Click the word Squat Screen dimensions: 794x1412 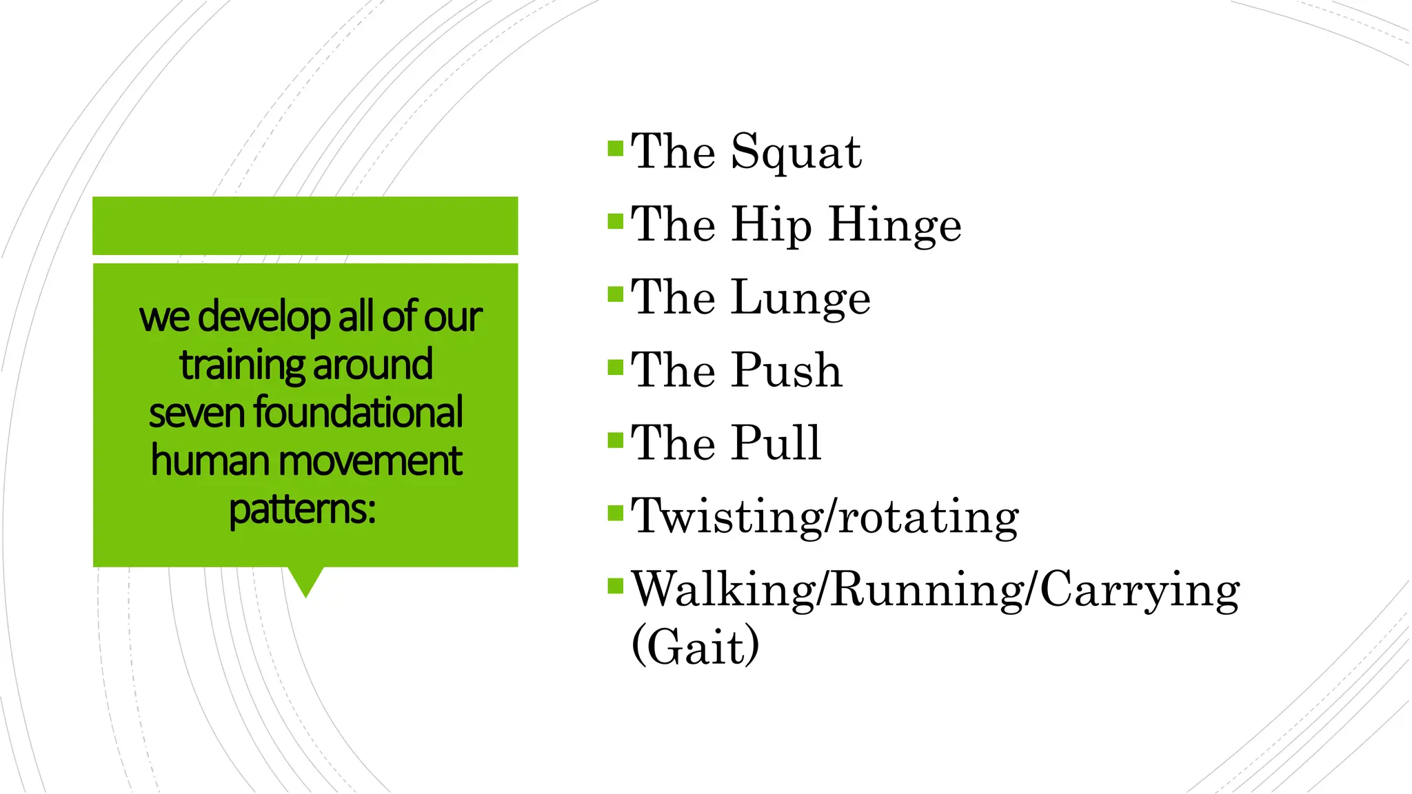click(x=796, y=152)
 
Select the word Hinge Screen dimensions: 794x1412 click(x=894, y=225)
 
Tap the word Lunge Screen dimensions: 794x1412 click(x=800, y=298)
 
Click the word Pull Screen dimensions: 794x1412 click(x=776, y=442)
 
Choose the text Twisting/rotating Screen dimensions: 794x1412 click(x=825, y=516)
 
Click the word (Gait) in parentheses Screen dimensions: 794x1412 click(x=695, y=646)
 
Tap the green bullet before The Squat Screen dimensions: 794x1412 click(x=615, y=149)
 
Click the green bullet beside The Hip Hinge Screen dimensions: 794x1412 click(x=615, y=222)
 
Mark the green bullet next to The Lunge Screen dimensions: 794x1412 click(x=615, y=295)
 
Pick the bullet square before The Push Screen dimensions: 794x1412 click(x=615, y=367)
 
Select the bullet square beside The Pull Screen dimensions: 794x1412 click(x=615, y=440)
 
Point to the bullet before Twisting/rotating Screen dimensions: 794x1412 click(x=615, y=513)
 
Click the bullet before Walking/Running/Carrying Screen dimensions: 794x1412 click(x=615, y=587)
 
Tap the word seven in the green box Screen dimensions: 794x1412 click(x=196, y=414)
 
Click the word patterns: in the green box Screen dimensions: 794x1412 click(x=303, y=509)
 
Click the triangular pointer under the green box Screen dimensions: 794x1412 click(x=305, y=580)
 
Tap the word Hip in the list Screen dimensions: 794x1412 click(x=771, y=225)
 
